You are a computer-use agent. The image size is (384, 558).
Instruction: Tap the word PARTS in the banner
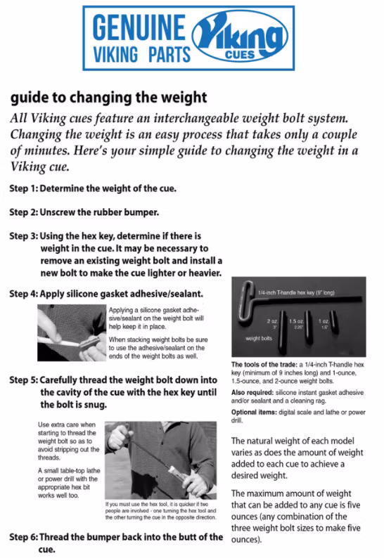pyautogui.click(x=166, y=53)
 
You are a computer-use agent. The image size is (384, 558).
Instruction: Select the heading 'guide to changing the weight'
pyautogui.click(x=108, y=97)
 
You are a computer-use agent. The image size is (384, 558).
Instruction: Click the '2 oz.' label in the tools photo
pyautogui.click(x=273, y=320)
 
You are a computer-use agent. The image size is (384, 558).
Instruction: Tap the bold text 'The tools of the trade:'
pyautogui.click(x=262, y=365)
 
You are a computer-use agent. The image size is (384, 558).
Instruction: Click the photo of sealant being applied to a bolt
pyautogui.click(x=71, y=333)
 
